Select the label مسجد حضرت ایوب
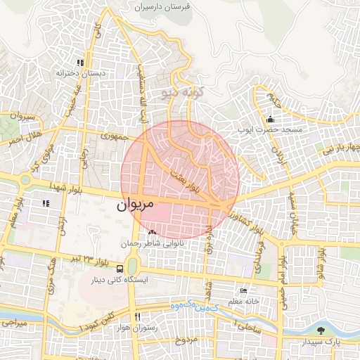tap(271, 130)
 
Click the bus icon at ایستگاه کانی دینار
tap(120, 269)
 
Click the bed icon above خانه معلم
tap(243, 291)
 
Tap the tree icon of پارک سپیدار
tap(321, 330)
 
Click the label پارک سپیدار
tap(323, 342)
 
